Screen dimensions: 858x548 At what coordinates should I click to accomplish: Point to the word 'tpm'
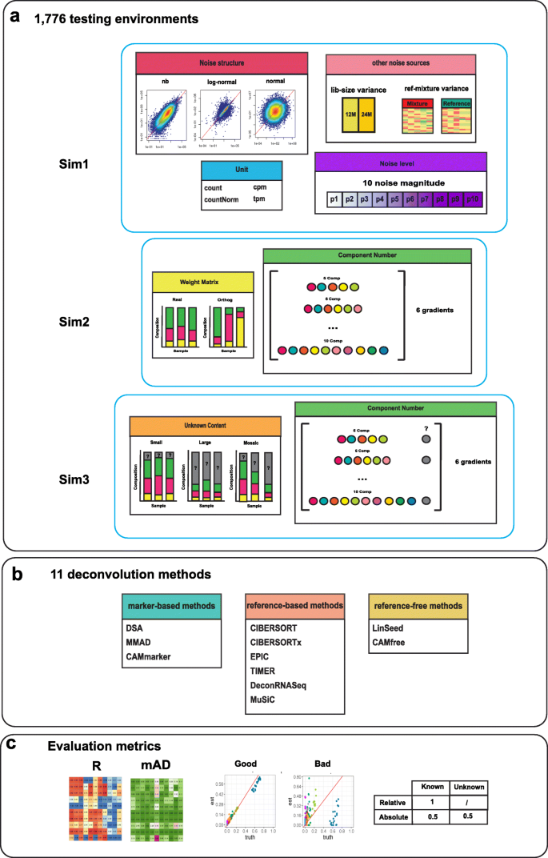(260, 198)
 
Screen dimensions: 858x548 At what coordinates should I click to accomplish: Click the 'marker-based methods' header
(172, 608)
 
